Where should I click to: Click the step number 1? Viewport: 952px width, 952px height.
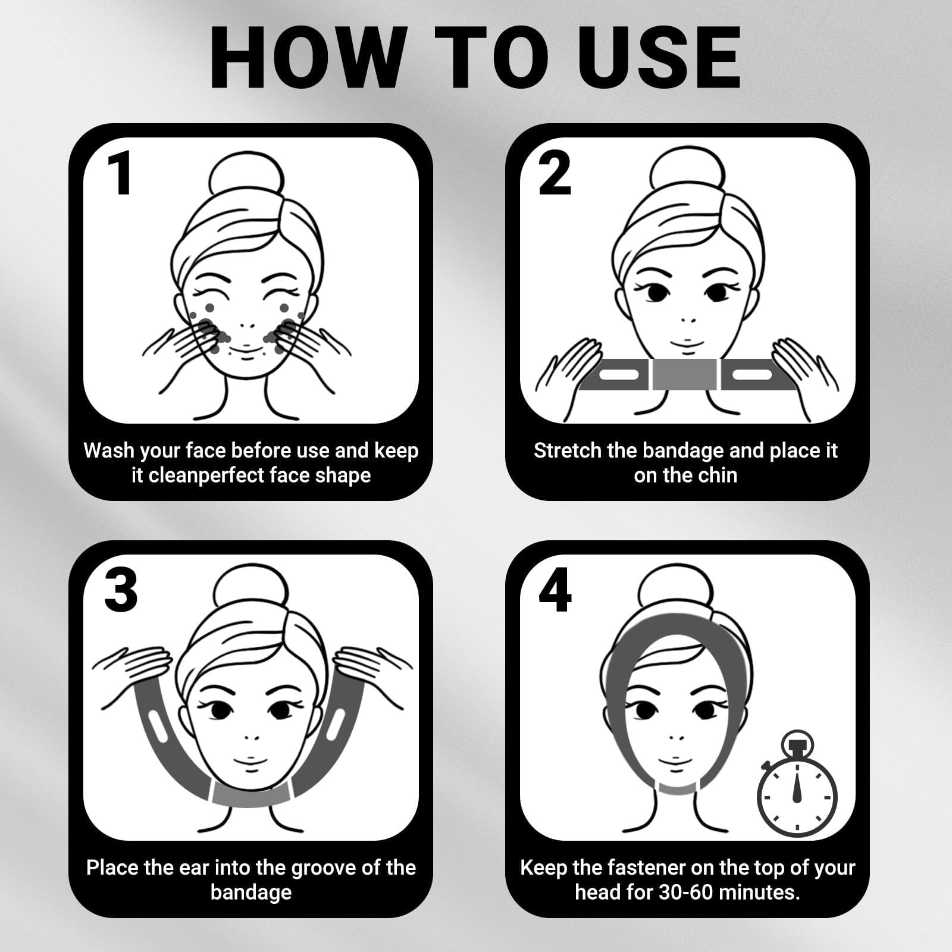tap(122, 173)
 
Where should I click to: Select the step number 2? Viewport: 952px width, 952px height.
tap(555, 173)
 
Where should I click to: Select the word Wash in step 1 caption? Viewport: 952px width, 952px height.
tap(109, 450)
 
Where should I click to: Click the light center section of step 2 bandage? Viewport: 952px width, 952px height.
tap(684, 375)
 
